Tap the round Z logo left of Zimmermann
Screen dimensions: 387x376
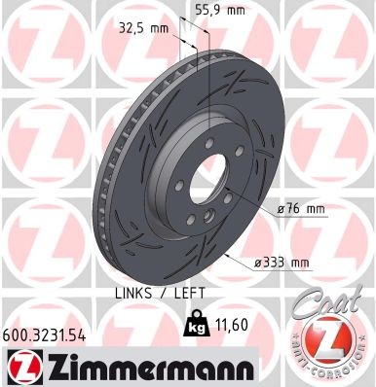[21, 368]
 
